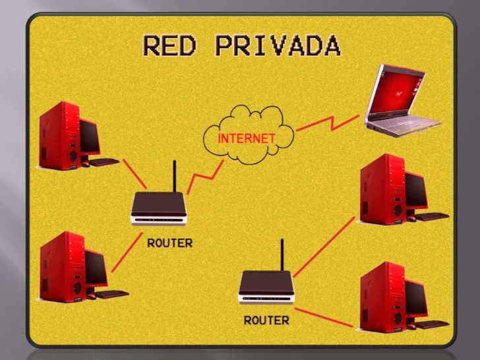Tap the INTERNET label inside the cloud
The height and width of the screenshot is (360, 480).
246,138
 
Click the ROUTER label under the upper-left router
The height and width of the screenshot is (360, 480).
169,242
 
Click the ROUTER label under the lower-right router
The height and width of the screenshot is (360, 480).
266,320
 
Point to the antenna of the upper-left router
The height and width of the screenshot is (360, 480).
174,175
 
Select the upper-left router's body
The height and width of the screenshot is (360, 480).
159,208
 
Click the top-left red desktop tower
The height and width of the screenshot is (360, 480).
60,135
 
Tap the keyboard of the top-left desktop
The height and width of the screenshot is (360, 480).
104,162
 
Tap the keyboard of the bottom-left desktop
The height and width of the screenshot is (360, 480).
111,294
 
